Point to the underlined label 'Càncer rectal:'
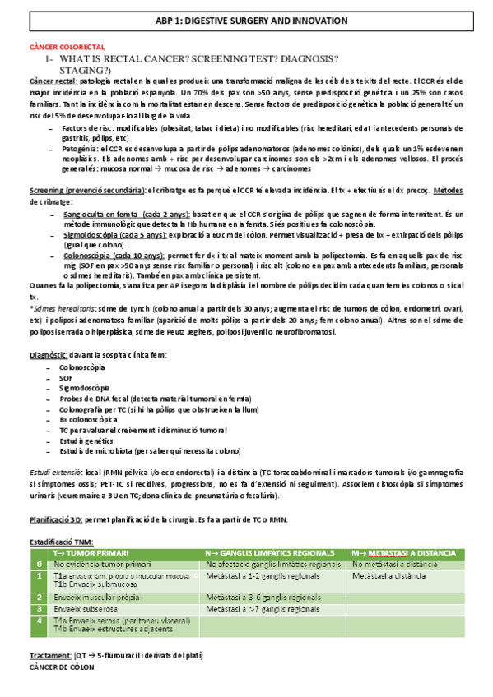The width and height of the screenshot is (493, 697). pyautogui.click(x=53, y=81)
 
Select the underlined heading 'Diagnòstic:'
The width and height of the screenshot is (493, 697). pyautogui.click(x=52, y=353)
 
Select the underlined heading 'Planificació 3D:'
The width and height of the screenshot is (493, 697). pyautogui.click(x=55, y=519)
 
